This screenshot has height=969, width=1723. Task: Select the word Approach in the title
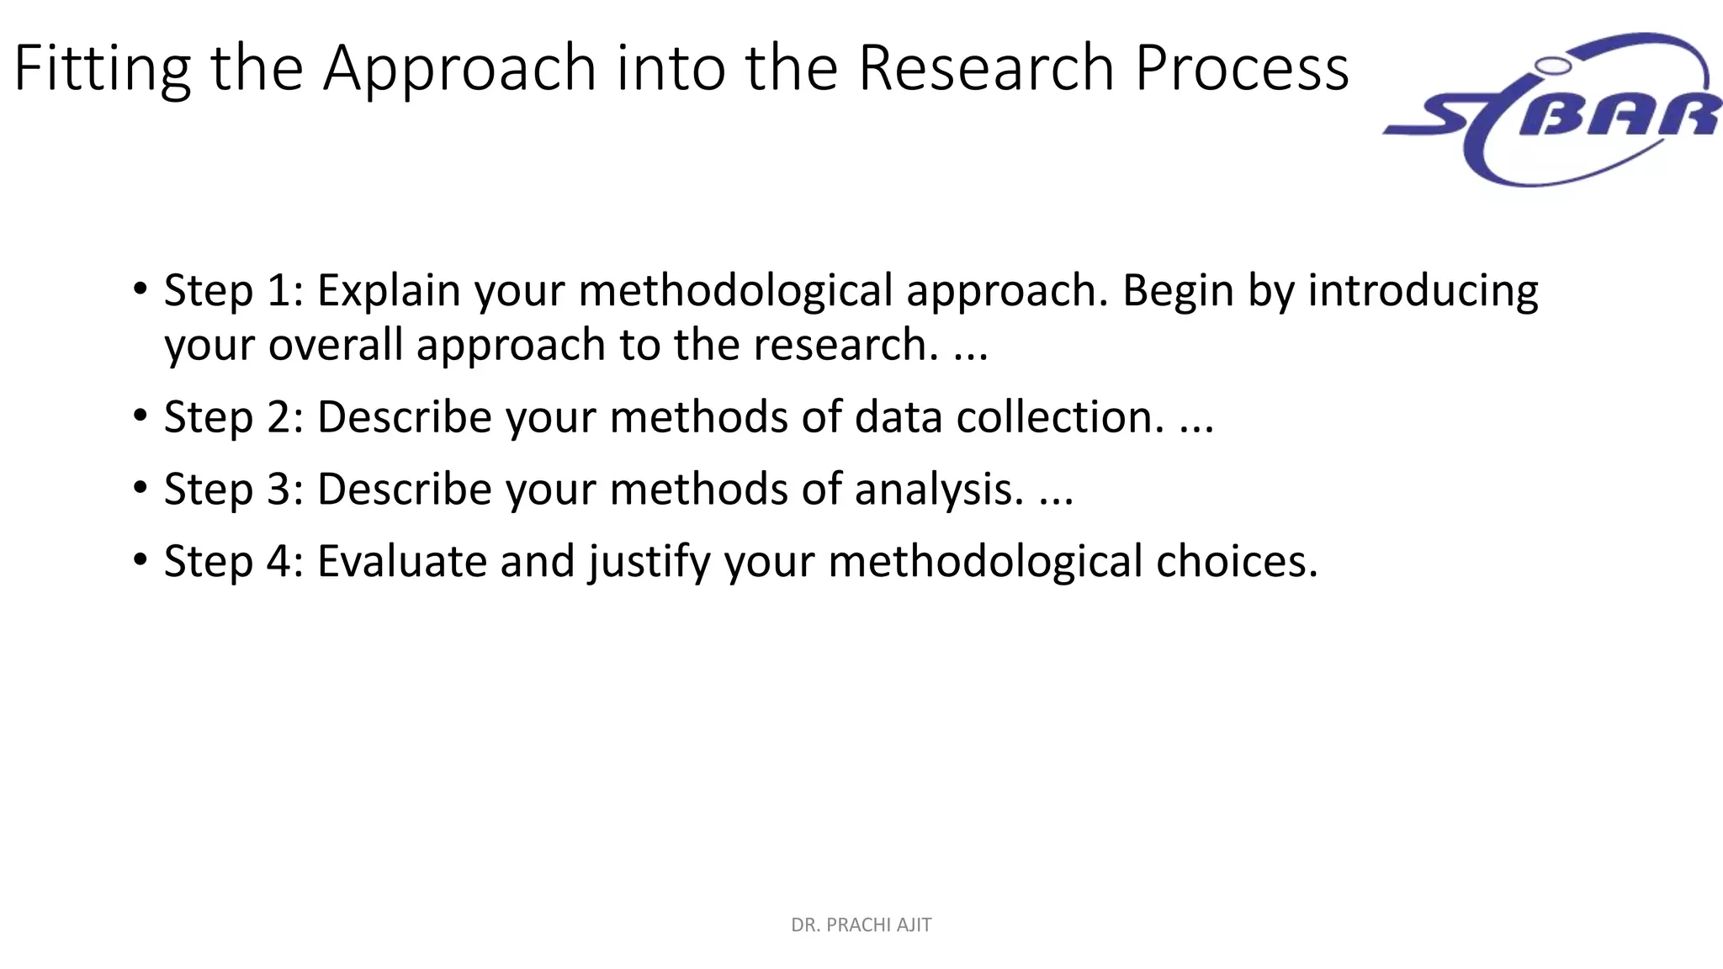pos(460,69)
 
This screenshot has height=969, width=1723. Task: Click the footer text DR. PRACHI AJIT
pos(861,925)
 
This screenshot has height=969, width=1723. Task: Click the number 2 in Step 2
pos(279,417)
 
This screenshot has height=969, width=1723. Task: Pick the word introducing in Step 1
pos(1423,291)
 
